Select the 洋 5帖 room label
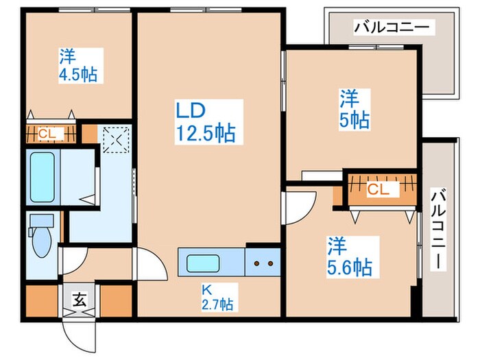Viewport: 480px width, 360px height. (x=354, y=109)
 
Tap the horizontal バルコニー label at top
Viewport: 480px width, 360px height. (x=392, y=27)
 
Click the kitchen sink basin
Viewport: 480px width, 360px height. (x=204, y=263)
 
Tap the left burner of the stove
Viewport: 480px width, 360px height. (x=256, y=263)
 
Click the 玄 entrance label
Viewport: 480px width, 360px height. (x=80, y=299)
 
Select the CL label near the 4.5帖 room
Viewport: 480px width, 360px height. (x=47, y=133)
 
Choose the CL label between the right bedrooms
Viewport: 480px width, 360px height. (x=378, y=190)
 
